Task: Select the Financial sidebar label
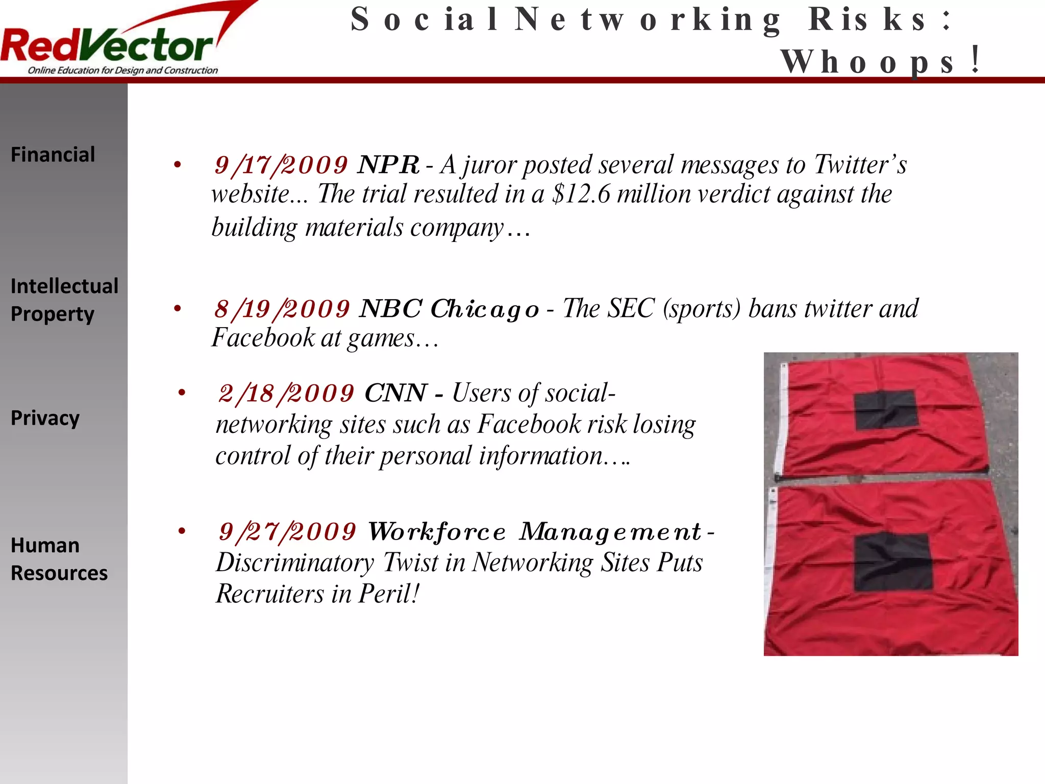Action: [53, 154]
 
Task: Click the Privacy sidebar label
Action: [45, 418]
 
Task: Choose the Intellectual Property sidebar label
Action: [64, 300]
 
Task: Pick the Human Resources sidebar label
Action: [59, 559]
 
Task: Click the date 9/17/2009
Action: [281, 165]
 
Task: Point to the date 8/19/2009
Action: [282, 309]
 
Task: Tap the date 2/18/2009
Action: [286, 394]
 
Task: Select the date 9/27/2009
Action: [287, 532]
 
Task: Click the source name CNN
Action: [395, 394]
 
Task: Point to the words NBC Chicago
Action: [449, 309]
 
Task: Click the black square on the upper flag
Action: [886, 410]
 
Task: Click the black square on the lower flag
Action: [892, 562]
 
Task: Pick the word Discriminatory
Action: [295, 563]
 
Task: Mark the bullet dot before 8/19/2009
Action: [178, 309]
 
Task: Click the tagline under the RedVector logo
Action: [122, 70]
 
